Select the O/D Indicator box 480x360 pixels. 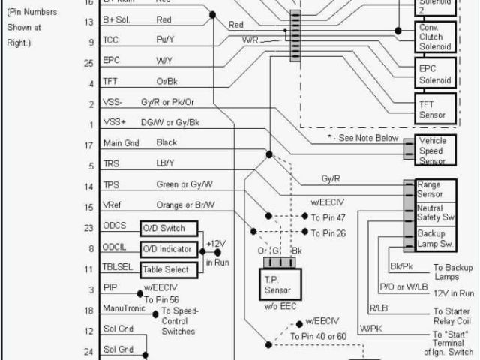[x=169, y=248]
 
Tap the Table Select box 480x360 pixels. [x=169, y=268]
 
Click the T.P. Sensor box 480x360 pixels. [x=282, y=283]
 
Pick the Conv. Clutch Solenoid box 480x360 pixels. [x=434, y=37]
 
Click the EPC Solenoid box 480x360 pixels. [x=434, y=74]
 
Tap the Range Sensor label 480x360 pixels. [x=429, y=189]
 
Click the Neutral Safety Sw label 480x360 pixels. [x=433, y=213]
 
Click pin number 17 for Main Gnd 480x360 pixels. [x=88, y=145]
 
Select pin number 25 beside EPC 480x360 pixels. [x=88, y=64]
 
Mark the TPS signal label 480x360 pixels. [x=110, y=185]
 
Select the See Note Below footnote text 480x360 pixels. [x=363, y=139]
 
